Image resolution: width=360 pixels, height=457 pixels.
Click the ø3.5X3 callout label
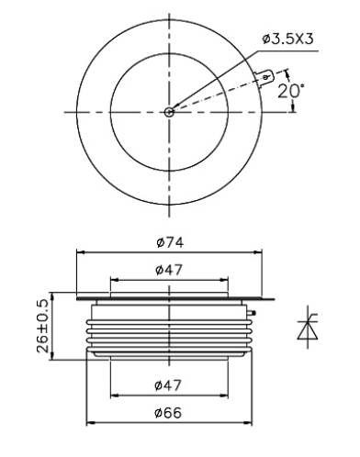287,39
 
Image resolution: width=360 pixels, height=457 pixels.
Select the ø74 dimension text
170,242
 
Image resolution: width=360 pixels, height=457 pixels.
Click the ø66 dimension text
168,413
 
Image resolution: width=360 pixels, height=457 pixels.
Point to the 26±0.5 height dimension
43,327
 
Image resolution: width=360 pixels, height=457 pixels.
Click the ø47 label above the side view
169,270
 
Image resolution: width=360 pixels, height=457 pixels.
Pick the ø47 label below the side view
168,385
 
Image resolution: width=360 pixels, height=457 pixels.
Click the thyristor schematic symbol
308,327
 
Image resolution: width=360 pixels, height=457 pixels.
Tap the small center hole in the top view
169,112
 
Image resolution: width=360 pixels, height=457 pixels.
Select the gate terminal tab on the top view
264,78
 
